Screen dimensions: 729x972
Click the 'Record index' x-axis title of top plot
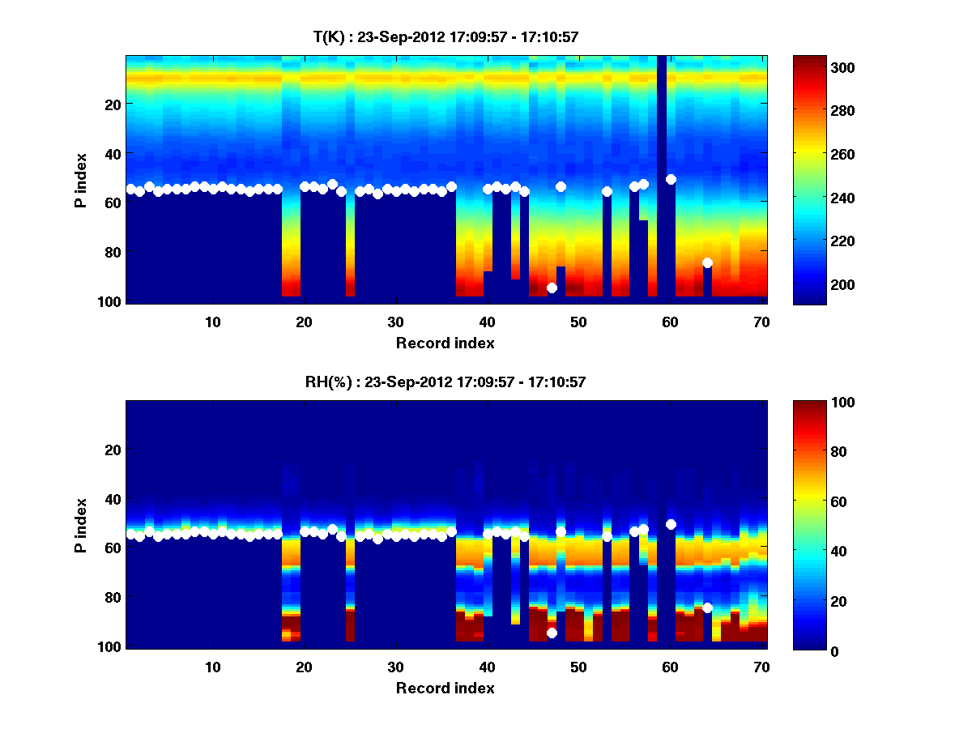coord(445,343)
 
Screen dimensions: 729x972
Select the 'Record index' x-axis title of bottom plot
coord(445,688)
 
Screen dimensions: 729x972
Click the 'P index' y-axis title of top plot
coord(81,178)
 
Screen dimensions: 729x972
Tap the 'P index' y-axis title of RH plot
coord(81,524)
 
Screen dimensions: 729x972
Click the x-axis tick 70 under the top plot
coord(761,322)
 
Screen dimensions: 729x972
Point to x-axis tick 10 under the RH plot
coord(212,667)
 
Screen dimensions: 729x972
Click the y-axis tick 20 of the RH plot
coord(113,450)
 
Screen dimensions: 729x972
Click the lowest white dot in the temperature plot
coord(552,288)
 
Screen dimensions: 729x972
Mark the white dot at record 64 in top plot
coord(707,262)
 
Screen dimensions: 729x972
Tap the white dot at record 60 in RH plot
coord(671,524)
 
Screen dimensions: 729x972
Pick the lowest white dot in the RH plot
coord(552,633)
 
